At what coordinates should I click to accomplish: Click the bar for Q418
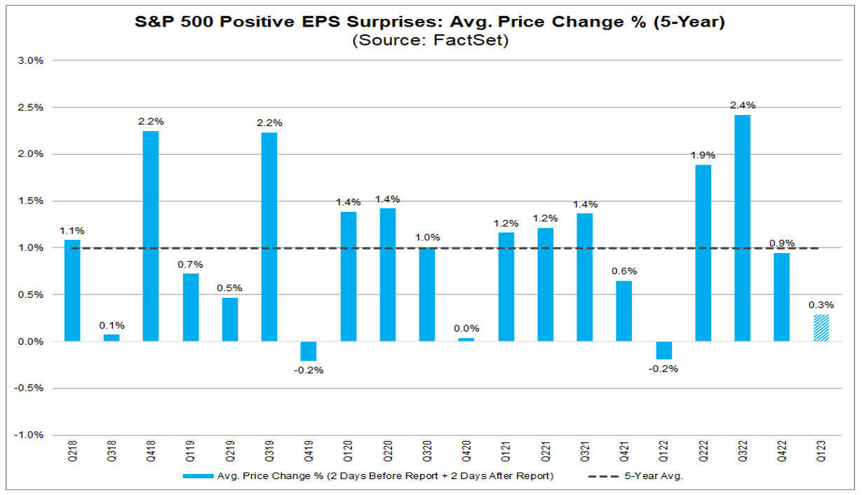pyautogui.click(x=151, y=236)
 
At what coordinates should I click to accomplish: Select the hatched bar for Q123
pyautogui.click(x=821, y=328)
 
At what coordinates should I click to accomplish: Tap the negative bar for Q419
pyautogui.click(x=309, y=351)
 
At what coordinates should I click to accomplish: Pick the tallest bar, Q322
pyautogui.click(x=742, y=228)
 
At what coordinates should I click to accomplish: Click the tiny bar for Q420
pyautogui.click(x=466, y=339)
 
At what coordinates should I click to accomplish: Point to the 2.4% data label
pyautogui.click(x=743, y=105)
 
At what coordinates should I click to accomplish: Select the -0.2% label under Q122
pyautogui.click(x=664, y=369)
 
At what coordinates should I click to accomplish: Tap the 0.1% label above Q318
pyautogui.click(x=112, y=325)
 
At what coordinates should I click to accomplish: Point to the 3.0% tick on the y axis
pyautogui.click(x=32, y=60)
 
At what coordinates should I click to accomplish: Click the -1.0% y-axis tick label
pyautogui.click(x=30, y=435)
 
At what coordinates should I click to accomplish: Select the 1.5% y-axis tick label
pyautogui.click(x=32, y=201)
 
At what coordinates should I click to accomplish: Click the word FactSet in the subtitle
pyautogui.click(x=467, y=41)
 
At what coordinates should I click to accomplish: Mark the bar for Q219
pyautogui.click(x=230, y=320)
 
